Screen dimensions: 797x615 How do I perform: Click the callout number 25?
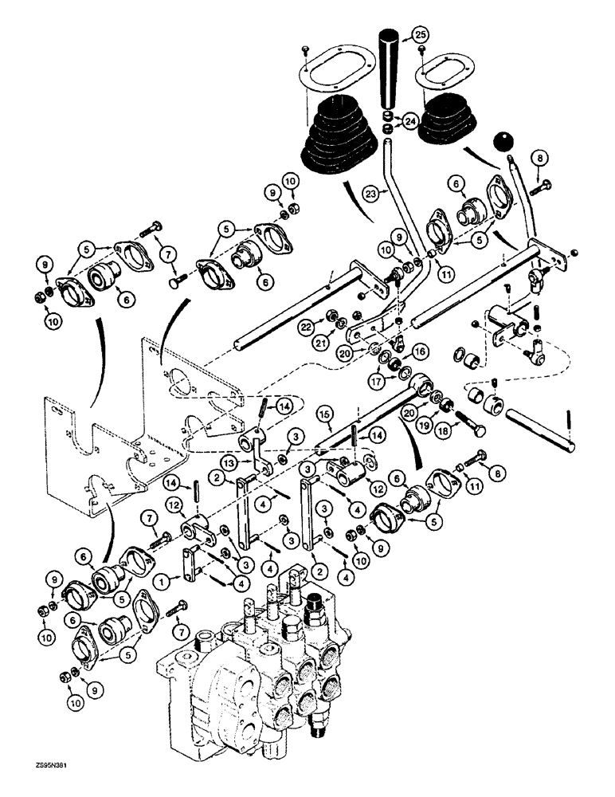point(419,35)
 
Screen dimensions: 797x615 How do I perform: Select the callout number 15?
point(325,415)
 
